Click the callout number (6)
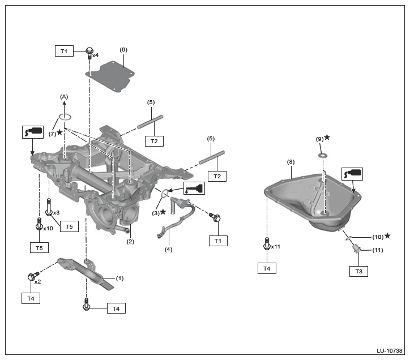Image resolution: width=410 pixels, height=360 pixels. (x=123, y=49)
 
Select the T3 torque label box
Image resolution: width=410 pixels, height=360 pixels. (x=358, y=271)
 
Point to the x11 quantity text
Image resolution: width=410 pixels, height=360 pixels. (x=276, y=247)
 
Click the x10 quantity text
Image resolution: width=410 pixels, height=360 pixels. (x=48, y=229)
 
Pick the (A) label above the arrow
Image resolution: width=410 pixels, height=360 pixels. (x=64, y=97)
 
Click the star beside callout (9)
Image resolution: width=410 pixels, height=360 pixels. (x=327, y=138)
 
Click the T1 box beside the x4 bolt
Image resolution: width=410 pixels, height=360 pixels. (x=64, y=51)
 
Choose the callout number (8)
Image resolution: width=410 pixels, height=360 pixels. (x=291, y=161)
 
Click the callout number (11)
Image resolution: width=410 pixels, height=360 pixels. (x=378, y=250)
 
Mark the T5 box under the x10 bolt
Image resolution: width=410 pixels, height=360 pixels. (x=39, y=247)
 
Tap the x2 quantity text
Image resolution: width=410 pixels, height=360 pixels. (x=37, y=281)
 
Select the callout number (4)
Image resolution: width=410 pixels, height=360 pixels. (x=168, y=249)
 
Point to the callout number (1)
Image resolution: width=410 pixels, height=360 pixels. (x=119, y=278)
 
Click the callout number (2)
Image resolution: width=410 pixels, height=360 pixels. (x=130, y=242)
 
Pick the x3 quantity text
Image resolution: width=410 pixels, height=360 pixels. (x=57, y=212)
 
